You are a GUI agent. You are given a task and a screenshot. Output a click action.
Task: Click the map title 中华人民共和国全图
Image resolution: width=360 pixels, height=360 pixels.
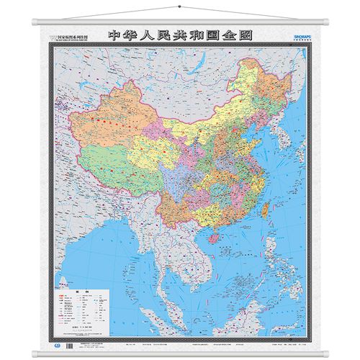180,34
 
